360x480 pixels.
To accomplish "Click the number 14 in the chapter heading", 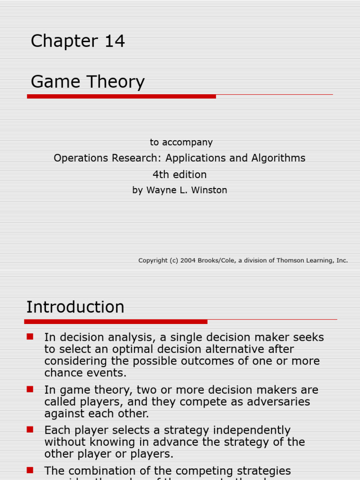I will (114, 41).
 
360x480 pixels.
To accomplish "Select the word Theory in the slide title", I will (116, 82).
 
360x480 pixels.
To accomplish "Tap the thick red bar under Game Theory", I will (121, 96).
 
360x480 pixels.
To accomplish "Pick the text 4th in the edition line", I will (160, 174).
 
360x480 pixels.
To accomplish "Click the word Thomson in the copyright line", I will (290, 260).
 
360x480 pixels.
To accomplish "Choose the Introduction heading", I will (75, 307).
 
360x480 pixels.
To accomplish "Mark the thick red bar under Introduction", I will (115, 322).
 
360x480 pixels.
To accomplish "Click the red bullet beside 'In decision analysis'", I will (30, 337).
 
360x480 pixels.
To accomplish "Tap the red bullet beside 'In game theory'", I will (30, 389).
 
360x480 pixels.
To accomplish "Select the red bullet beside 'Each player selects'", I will (30, 429).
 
